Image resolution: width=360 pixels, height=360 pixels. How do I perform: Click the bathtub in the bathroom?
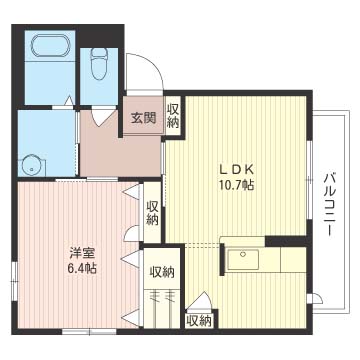pos(51,46)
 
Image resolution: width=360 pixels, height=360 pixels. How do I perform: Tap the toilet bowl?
pos(99,64)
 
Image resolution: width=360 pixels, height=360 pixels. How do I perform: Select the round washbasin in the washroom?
pos(33,165)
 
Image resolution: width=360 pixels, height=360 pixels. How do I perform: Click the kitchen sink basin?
pos(243,259)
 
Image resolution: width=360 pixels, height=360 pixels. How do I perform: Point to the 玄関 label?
pos(143,118)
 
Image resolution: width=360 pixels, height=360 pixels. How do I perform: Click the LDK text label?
pos(236,170)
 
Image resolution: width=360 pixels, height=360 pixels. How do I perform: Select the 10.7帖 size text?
pos(236,184)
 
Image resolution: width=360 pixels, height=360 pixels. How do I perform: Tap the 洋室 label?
pos(83,253)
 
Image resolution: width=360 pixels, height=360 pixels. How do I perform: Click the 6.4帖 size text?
pos(82,268)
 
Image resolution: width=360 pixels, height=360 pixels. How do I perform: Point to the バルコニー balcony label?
pos(329,204)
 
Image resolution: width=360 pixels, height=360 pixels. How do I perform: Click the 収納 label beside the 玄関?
pos(173,116)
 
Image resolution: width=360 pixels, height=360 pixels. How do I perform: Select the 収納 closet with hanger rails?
pos(162,288)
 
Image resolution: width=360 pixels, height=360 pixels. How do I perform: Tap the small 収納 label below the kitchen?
pos(199,321)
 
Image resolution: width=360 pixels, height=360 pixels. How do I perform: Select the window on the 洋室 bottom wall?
pos(89,331)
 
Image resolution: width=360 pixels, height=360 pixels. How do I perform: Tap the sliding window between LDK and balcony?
pos(310,180)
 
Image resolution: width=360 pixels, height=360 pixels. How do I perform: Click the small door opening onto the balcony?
pos(315,299)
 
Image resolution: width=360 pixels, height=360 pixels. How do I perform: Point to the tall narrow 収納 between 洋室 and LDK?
pos(152,212)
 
